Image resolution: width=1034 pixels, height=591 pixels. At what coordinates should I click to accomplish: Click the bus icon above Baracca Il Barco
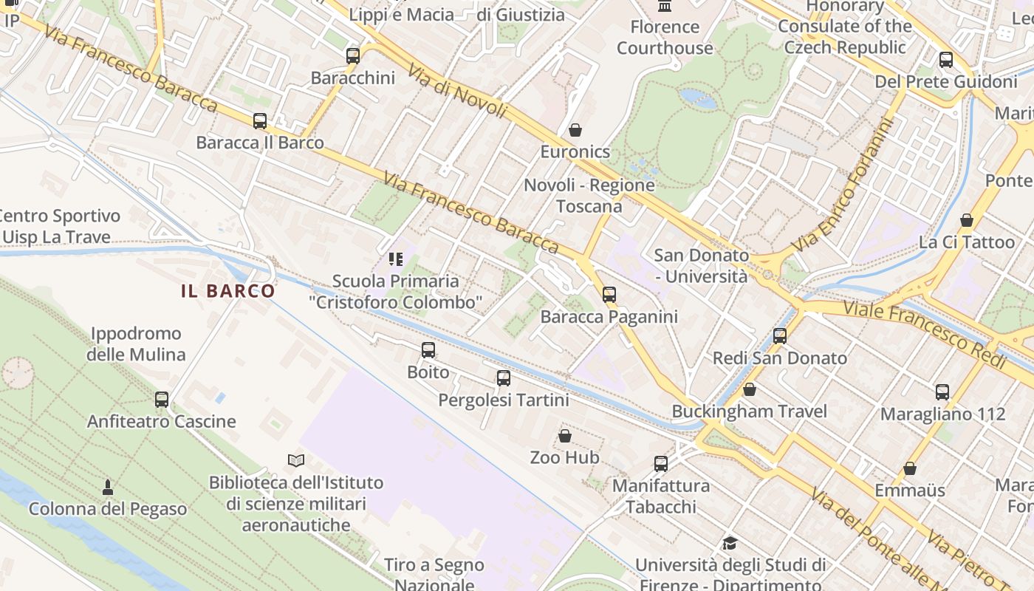(x=259, y=121)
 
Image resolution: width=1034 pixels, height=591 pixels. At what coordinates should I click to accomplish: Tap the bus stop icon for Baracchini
(x=353, y=56)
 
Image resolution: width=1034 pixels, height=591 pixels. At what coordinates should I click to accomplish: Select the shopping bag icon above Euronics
(x=575, y=131)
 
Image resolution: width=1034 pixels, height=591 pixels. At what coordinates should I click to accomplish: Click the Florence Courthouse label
(x=665, y=38)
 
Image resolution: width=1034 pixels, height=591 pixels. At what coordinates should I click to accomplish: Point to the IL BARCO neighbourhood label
(x=228, y=291)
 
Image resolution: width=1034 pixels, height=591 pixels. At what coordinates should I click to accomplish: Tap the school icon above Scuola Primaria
(x=396, y=259)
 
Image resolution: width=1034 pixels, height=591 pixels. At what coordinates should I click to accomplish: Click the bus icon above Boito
(x=428, y=350)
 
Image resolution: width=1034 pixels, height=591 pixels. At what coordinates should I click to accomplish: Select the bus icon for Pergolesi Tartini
(x=504, y=378)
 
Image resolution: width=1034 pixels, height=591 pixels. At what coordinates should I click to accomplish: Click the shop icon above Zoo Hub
(x=565, y=436)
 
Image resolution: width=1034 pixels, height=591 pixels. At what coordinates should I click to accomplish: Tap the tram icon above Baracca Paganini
(x=609, y=295)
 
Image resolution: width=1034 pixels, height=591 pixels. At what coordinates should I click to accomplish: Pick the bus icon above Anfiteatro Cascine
(x=162, y=400)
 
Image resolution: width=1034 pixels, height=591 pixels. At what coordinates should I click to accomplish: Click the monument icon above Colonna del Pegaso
(x=108, y=487)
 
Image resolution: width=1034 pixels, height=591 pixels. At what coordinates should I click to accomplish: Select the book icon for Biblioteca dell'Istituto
(x=296, y=461)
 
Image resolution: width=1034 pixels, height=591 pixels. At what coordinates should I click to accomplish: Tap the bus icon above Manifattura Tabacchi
(x=661, y=464)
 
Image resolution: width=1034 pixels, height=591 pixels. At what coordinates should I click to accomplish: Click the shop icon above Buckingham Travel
(x=750, y=389)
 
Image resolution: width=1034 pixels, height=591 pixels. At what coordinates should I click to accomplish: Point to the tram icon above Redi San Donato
(x=780, y=336)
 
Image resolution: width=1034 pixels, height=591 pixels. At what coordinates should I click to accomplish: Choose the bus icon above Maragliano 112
(x=942, y=392)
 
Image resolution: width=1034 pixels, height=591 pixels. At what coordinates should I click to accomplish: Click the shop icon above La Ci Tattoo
(x=967, y=220)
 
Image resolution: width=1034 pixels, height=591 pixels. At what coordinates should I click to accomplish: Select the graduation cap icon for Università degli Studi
(x=730, y=544)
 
